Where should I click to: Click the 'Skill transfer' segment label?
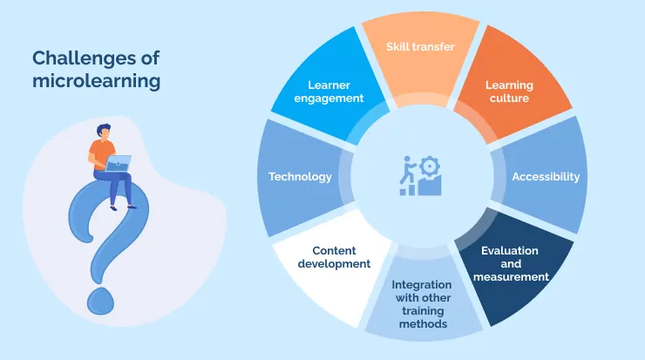(420, 46)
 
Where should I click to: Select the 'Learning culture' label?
(509, 92)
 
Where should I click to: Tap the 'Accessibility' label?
(546, 177)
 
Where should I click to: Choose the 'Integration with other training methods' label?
(420, 303)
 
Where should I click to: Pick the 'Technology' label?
(300, 177)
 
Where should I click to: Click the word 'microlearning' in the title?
(96, 82)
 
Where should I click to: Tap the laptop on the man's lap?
(119, 163)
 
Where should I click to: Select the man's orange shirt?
(99, 153)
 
